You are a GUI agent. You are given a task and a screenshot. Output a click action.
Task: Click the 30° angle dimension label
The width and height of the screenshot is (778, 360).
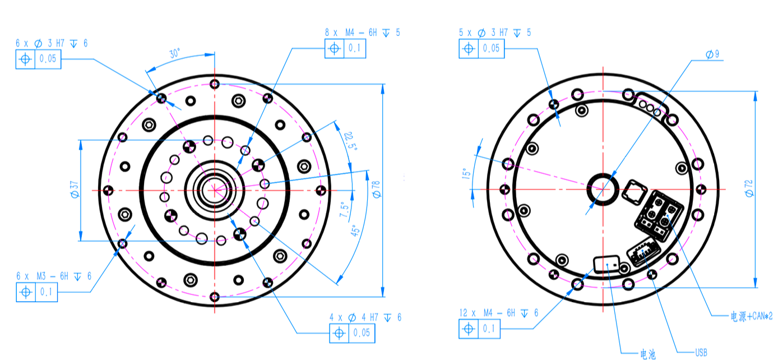tap(175, 53)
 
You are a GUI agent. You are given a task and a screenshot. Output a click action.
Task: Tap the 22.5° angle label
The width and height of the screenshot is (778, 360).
tap(351, 141)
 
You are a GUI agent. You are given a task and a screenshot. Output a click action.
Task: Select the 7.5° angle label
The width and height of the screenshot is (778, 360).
tap(344, 210)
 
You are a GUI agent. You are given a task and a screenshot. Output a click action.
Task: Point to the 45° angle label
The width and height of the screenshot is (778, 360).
tap(355, 230)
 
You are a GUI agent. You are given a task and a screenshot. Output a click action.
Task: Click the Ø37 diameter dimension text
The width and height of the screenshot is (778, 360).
tap(75, 190)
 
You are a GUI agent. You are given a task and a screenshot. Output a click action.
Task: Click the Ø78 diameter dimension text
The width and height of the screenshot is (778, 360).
tap(376, 190)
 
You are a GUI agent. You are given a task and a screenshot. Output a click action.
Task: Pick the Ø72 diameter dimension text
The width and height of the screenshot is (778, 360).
tap(749, 188)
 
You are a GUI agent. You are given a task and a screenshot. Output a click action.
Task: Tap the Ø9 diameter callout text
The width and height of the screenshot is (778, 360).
tap(712, 54)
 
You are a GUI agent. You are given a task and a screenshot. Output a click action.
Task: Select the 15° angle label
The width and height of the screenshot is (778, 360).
tap(466, 173)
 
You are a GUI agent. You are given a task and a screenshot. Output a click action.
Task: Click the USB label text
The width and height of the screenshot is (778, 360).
tap(701, 353)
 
